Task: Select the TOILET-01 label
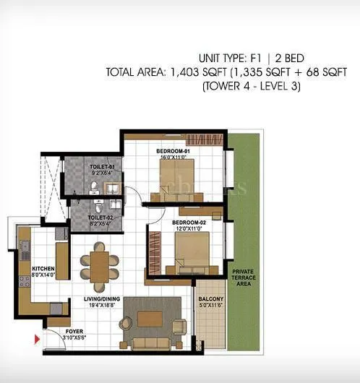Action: pos(102,166)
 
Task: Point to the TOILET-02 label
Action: pos(100,217)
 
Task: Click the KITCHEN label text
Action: pos(43,268)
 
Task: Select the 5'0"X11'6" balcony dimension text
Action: pos(210,305)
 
